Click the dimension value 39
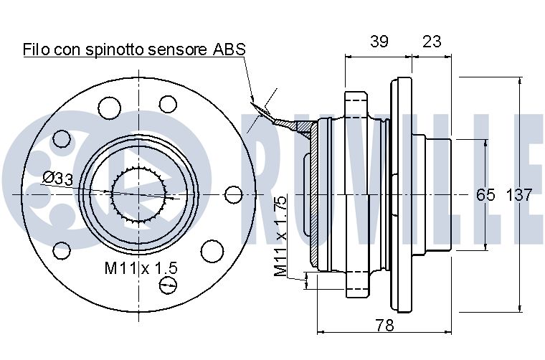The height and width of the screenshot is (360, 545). click(x=379, y=41)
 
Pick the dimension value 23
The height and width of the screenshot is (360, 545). click(x=432, y=41)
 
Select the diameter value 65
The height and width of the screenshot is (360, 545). click(x=486, y=194)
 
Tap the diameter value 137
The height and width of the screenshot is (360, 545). click(x=519, y=194)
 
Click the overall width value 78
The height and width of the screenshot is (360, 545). click(x=385, y=326)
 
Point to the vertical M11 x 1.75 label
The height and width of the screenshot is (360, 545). click(x=281, y=236)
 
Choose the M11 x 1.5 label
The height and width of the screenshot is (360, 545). click(x=141, y=268)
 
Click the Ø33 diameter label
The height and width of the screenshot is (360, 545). click(x=57, y=177)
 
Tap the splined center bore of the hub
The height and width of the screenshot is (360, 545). click(x=140, y=194)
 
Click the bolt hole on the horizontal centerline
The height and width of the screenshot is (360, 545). click(x=234, y=194)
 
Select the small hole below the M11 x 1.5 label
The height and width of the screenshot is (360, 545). click(x=169, y=287)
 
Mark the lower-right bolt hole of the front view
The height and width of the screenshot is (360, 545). click(x=211, y=250)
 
